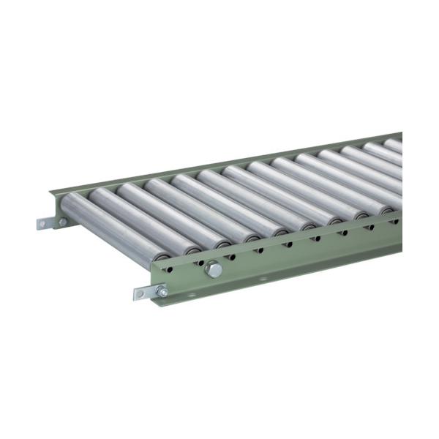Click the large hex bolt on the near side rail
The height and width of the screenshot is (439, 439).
coord(214,269)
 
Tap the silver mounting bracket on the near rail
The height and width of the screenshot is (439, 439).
coord(150,293)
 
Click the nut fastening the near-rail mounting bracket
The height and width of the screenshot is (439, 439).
coord(162,292)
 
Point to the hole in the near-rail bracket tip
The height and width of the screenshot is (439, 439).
coord(139,296)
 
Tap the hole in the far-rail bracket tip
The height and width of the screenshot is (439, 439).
coord(41,223)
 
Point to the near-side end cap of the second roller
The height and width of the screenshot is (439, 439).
coord(192,248)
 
